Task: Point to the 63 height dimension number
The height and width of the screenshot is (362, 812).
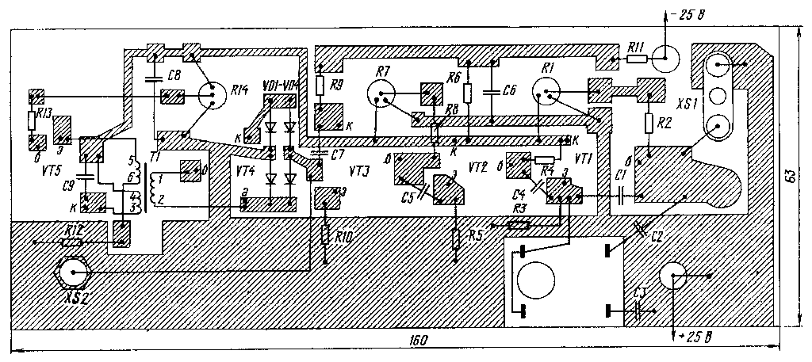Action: tap(790, 176)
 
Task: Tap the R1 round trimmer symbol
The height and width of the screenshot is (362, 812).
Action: tap(546, 95)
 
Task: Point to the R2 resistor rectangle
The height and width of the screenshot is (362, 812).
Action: tap(649, 124)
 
